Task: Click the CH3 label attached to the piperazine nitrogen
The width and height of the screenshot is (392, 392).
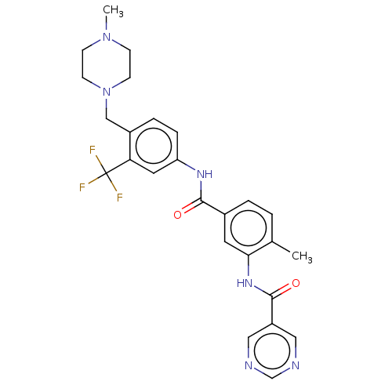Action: (x=113, y=11)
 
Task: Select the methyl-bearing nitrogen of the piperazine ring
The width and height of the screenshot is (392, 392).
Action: (x=107, y=37)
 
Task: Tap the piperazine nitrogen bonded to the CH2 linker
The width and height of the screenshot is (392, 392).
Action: (x=107, y=92)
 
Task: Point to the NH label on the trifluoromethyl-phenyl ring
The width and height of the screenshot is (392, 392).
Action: (x=205, y=174)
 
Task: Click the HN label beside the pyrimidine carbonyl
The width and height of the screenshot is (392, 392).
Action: (x=245, y=283)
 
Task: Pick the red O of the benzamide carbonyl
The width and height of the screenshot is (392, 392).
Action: (x=177, y=215)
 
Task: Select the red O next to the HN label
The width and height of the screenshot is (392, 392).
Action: (x=296, y=283)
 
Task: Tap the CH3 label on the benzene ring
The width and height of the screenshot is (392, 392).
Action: (x=302, y=256)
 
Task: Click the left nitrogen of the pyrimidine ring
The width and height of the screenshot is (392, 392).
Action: (x=249, y=365)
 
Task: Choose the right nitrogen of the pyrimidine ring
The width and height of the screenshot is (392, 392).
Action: (x=296, y=365)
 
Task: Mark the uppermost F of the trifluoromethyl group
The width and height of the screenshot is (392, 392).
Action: (x=93, y=150)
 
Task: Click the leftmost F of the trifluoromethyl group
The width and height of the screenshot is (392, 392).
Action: (x=82, y=187)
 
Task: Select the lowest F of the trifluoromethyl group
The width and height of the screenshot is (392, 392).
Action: (x=120, y=198)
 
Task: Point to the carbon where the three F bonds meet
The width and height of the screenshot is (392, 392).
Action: (x=106, y=173)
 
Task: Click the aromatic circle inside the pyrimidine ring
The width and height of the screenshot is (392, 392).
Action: (x=272, y=351)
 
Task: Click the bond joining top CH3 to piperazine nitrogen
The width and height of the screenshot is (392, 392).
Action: (x=107, y=24)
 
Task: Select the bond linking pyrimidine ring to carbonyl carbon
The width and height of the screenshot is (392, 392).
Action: (x=272, y=310)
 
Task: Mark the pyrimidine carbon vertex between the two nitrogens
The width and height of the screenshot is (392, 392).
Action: (x=272, y=378)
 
